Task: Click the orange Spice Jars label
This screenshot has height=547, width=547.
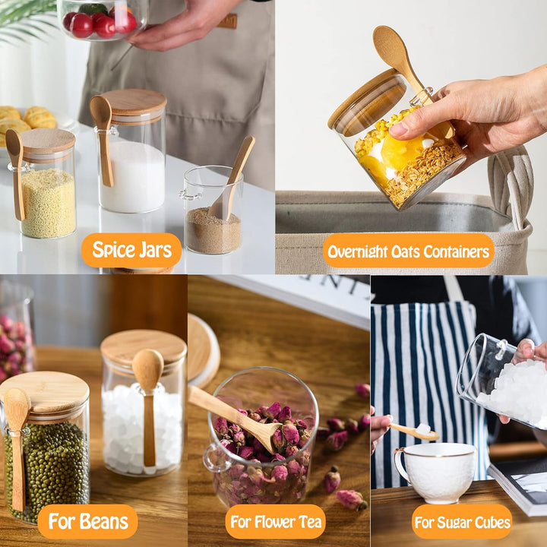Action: coord(131,250)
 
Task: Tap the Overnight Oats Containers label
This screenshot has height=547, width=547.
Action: coord(408,251)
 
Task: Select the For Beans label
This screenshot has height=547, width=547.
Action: coord(87,522)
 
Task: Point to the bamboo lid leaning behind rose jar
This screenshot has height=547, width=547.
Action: coord(203,349)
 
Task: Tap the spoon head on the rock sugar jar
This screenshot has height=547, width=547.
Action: coord(147,368)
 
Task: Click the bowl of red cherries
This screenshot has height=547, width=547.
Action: coord(101,20)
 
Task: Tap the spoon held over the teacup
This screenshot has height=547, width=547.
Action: coord(414,431)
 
